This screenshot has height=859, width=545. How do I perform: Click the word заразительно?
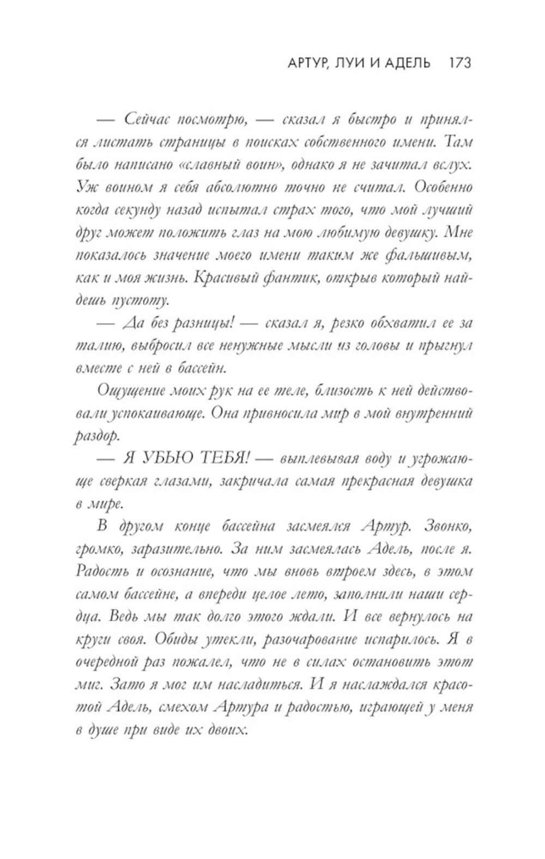[x=177, y=549]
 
